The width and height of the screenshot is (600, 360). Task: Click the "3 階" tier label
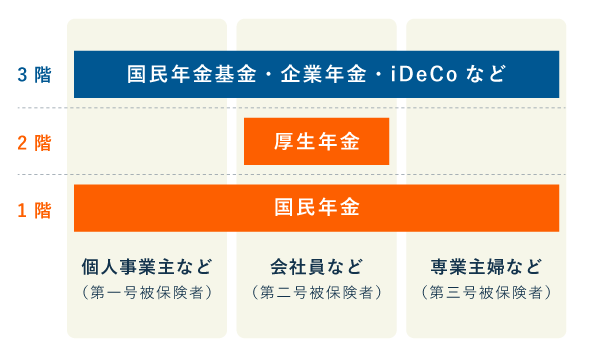click(x=34, y=74)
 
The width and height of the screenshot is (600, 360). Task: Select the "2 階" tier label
click(x=34, y=142)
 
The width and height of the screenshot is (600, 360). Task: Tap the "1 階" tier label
click(x=34, y=209)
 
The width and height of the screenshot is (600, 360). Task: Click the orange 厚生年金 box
click(x=316, y=142)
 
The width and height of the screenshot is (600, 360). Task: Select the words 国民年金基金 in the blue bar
click(x=190, y=74)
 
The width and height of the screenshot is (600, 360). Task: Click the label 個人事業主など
click(x=147, y=267)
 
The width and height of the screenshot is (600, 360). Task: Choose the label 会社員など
click(x=316, y=267)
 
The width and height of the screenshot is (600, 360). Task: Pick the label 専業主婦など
click(x=486, y=267)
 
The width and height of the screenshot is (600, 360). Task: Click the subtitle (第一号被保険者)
click(x=147, y=293)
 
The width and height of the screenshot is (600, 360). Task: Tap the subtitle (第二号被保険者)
click(x=316, y=293)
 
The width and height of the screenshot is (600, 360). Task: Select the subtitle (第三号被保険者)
click(x=486, y=293)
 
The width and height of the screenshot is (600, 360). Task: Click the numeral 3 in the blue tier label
click(x=22, y=74)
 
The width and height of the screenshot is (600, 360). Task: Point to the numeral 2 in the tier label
click(x=22, y=142)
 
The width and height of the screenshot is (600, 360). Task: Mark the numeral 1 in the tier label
click(x=22, y=209)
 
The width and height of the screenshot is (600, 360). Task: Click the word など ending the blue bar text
click(x=485, y=74)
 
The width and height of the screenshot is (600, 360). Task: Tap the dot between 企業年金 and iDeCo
click(x=379, y=74)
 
